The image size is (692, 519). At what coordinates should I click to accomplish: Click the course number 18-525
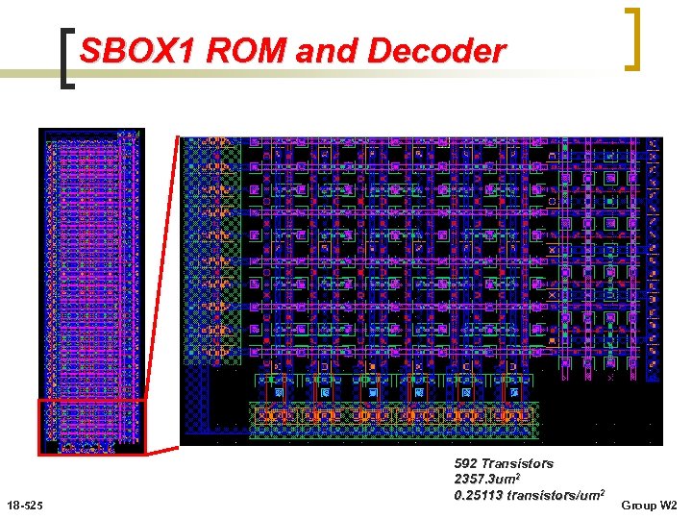pos(23,505)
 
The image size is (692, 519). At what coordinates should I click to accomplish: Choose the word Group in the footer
pos(637,505)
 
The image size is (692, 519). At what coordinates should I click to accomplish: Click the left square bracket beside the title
pos(65,58)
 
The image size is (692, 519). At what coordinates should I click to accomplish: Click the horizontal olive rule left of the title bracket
pos(29,73)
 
